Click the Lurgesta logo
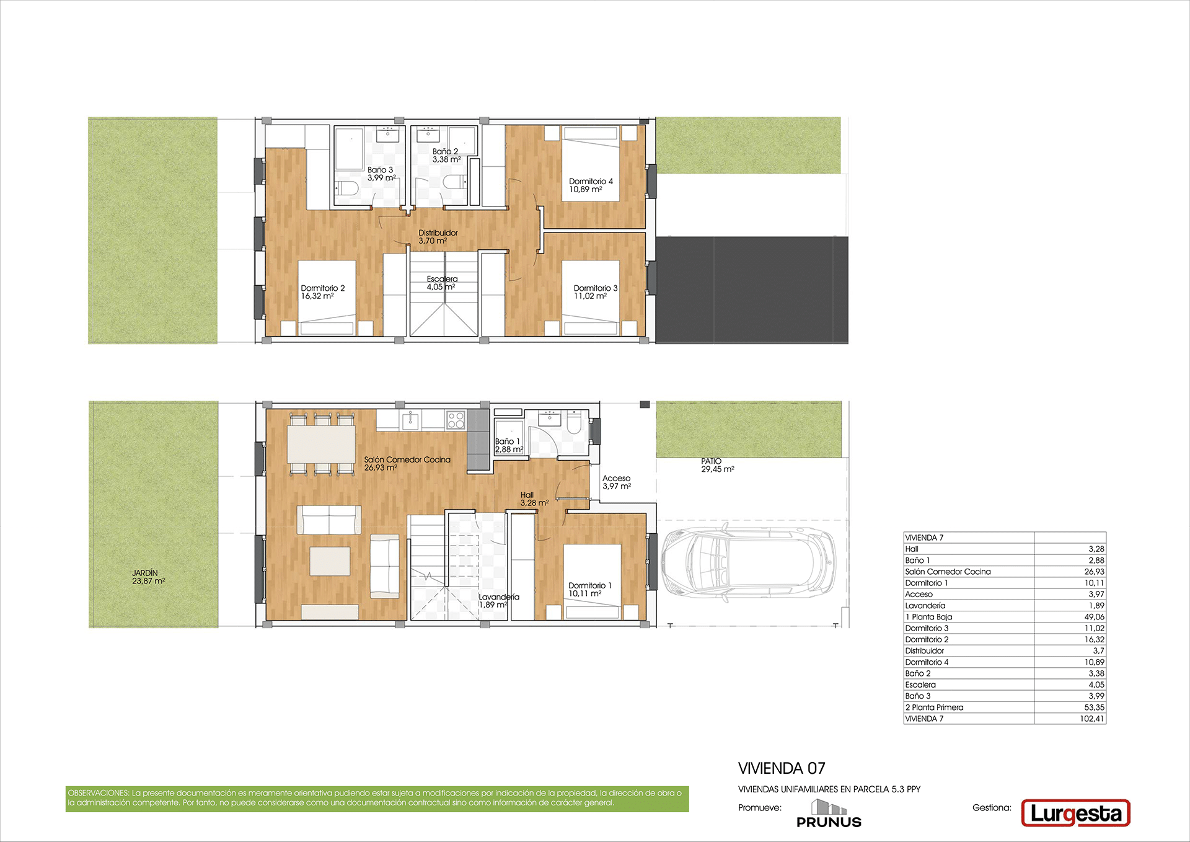pyautogui.click(x=1075, y=813)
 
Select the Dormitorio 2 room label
pyautogui.click(x=323, y=292)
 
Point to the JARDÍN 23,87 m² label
pyautogui.click(x=148, y=577)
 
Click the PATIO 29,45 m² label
pyautogui.click(x=718, y=465)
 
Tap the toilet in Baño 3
pyautogui.click(x=344, y=188)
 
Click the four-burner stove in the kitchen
pyautogui.click(x=456, y=420)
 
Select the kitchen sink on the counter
pyautogui.click(x=410, y=420)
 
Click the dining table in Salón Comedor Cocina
pyautogui.click(x=321, y=443)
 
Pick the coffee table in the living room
pyautogui.click(x=330, y=561)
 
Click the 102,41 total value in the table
pyautogui.click(x=1091, y=719)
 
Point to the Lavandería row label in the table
pyautogui.click(x=925, y=606)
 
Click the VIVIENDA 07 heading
pyautogui.click(x=782, y=768)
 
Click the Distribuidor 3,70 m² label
pyautogui.click(x=438, y=237)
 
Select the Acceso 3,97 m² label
pyautogui.click(x=616, y=482)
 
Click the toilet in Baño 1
pyautogui.click(x=573, y=423)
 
